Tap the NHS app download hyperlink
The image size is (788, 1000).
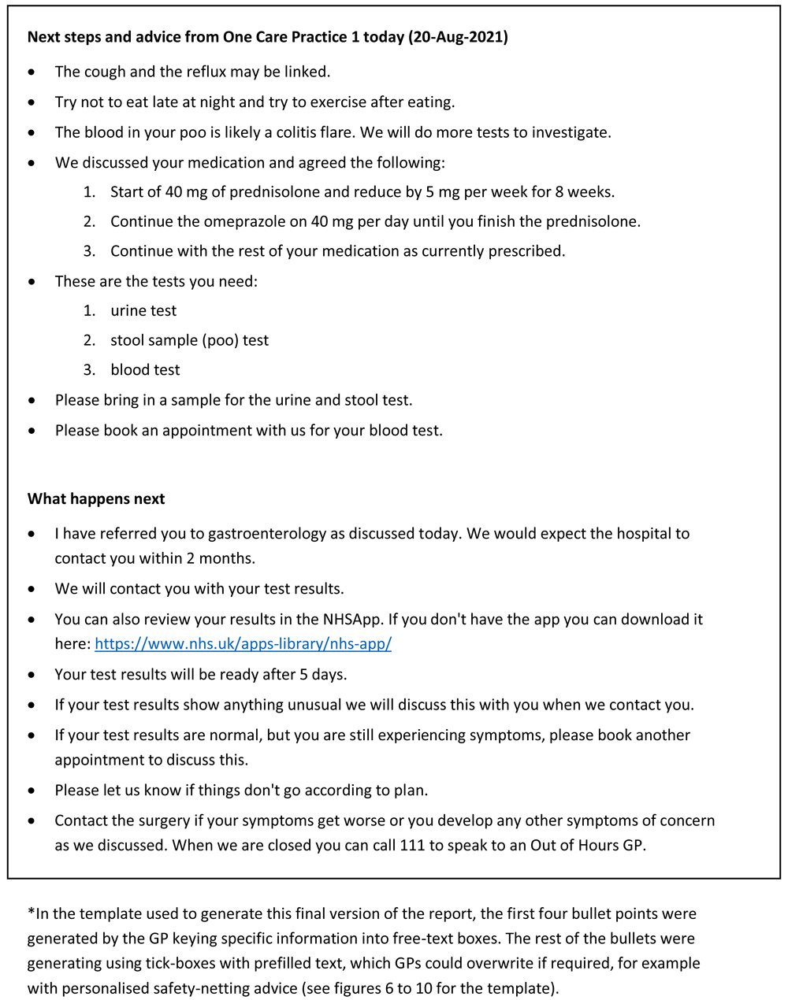point(243,643)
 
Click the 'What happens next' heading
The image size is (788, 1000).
point(96,498)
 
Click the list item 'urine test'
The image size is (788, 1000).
point(143,310)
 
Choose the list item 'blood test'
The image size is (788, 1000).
point(145,369)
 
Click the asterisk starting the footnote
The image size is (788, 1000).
point(31,913)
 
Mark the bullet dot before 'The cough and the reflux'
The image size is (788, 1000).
point(32,72)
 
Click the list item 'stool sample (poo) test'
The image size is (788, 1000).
point(189,340)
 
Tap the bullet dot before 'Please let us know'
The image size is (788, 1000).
point(32,790)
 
